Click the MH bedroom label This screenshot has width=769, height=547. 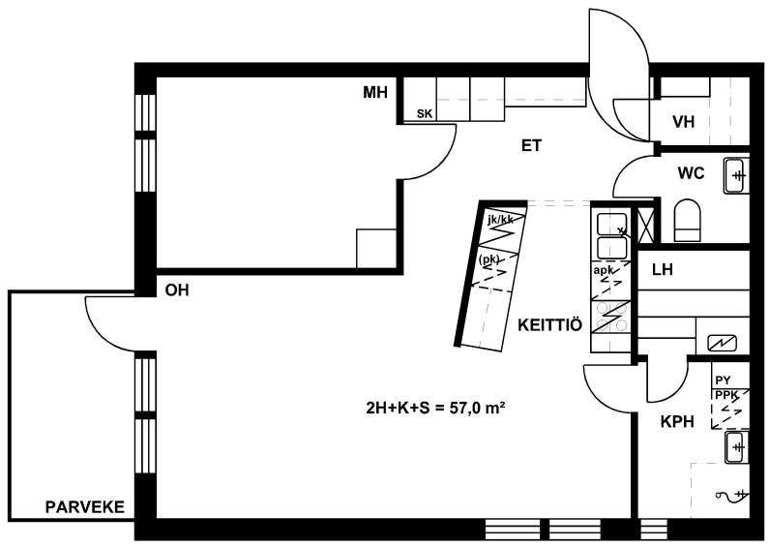click(375, 92)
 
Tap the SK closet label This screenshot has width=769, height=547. click(425, 114)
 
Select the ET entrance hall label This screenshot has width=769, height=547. click(531, 146)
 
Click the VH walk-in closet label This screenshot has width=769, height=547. click(684, 122)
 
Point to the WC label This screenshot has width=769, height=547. click(691, 173)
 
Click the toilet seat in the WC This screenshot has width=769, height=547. click(688, 221)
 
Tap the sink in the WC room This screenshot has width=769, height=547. click(737, 175)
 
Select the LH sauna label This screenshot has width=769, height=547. click(662, 269)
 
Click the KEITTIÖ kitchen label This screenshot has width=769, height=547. click(550, 325)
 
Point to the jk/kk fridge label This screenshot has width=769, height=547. click(500, 220)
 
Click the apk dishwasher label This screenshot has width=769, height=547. click(604, 270)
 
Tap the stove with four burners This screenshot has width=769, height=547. click(610, 317)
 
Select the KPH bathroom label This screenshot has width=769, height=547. click(677, 422)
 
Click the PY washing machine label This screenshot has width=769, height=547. click(723, 380)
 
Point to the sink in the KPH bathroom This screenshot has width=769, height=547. click(737, 447)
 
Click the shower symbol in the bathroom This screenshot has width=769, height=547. click(730, 495)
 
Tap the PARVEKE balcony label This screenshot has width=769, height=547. click(85, 506)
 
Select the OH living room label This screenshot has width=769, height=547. click(177, 290)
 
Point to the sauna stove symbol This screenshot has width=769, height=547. click(722, 343)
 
